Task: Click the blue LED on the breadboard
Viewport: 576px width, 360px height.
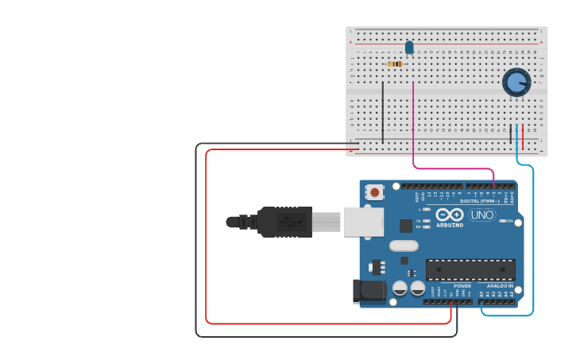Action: point(410,48)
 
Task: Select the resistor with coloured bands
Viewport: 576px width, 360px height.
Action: point(395,64)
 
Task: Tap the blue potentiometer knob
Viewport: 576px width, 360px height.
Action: point(516,81)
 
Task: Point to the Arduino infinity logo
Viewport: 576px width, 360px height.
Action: point(449,215)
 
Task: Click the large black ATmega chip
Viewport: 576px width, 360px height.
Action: point(470,269)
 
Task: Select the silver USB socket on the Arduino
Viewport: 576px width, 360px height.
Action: point(363,222)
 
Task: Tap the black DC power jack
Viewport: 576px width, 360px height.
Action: point(370,292)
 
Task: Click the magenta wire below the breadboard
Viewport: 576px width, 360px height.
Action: point(453,168)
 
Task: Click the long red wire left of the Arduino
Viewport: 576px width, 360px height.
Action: point(207,238)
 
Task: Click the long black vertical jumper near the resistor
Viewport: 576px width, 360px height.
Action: point(383,111)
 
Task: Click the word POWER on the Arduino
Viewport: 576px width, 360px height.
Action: point(462,285)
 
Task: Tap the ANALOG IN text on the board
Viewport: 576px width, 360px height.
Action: point(500,285)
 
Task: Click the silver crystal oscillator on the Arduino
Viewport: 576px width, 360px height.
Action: point(404,246)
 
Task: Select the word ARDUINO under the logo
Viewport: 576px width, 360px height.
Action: point(449,226)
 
